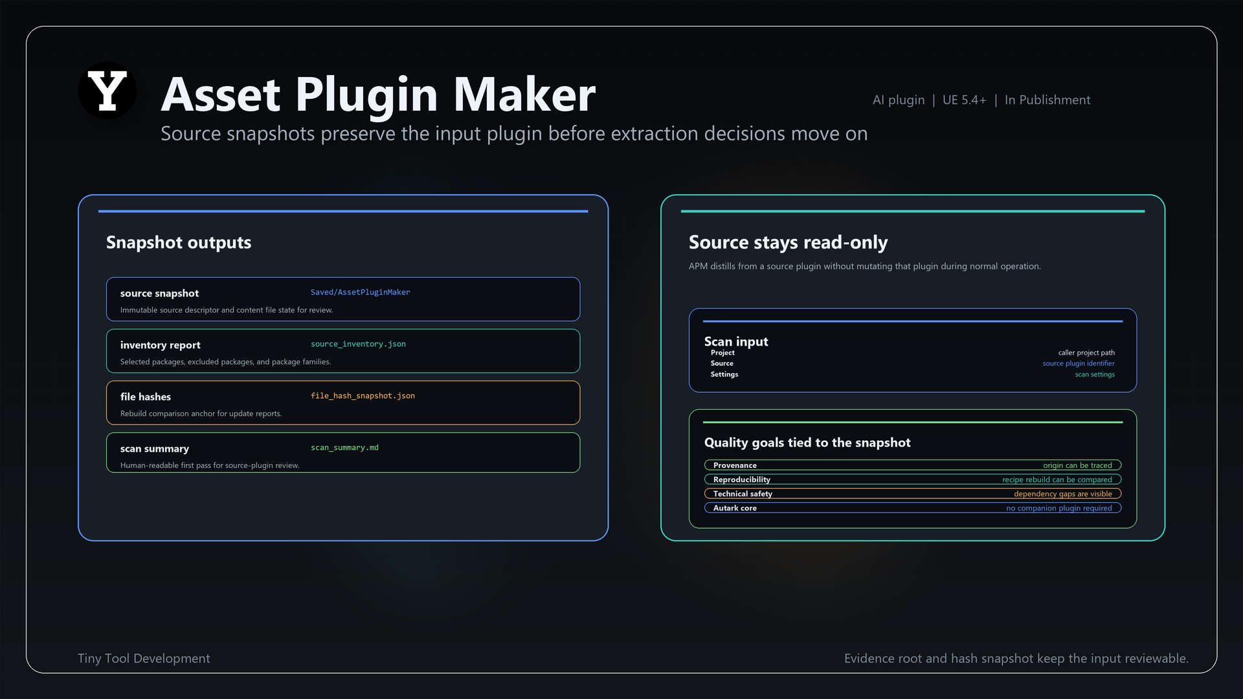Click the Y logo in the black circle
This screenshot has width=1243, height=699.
click(x=107, y=91)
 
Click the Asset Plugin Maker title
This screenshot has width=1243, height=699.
click(x=378, y=94)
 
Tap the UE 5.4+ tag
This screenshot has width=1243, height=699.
click(x=964, y=100)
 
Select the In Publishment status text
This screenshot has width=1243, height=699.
click(x=1047, y=100)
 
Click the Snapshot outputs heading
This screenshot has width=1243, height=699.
click(x=179, y=242)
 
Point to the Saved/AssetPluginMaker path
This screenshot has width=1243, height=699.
click(x=360, y=293)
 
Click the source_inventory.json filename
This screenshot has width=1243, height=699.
click(x=358, y=344)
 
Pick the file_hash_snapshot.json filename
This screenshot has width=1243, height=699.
click(x=363, y=396)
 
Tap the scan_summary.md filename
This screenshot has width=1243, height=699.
click(x=344, y=448)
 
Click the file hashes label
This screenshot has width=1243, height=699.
click(x=146, y=397)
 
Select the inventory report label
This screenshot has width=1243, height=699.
click(x=161, y=345)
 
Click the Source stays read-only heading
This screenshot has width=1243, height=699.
click(x=788, y=242)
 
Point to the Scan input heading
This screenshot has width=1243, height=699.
click(x=736, y=341)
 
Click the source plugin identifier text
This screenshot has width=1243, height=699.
click(x=1079, y=363)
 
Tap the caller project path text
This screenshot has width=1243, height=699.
click(x=1086, y=353)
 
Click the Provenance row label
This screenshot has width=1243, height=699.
click(x=735, y=465)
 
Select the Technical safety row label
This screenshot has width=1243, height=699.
click(x=743, y=494)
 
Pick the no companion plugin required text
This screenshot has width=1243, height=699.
click(x=1059, y=508)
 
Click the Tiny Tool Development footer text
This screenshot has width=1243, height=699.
click(x=144, y=658)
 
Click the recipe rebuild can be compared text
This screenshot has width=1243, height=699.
click(x=1057, y=480)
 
